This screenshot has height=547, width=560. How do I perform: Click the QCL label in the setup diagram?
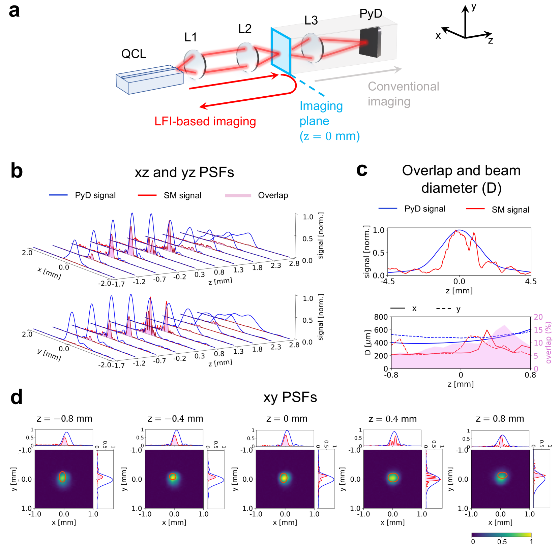click(x=134, y=54)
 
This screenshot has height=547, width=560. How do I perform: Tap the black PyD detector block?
click(x=370, y=43)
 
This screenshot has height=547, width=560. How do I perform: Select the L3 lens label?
click(x=311, y=21)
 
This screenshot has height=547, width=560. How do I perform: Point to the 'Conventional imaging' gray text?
click(x=403, y=94)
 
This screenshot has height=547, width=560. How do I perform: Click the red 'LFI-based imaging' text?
click(x=205, y=121)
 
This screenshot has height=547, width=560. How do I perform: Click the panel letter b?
click(x=17, y=171)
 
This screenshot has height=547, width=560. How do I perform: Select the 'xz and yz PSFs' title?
click(x=184, y=172)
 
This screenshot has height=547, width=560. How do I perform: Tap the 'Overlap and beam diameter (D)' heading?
click(x=461, y=179)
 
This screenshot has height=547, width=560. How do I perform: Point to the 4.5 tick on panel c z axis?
click(x=530, y=282)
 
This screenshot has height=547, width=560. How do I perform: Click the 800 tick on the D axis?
click(x=381, y=317)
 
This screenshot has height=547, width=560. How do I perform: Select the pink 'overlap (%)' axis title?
click(x=548, y=343)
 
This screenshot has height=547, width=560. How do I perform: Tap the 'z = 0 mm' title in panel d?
click(x=287, y=419)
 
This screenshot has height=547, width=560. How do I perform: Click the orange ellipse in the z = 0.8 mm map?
click(x=502, y=475)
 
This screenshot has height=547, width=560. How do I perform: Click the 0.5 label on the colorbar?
click(x=502, y=542)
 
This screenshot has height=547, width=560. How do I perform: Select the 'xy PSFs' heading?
click(x=290, y=397)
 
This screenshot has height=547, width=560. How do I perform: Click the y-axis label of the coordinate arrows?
click(x=474, y=7)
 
